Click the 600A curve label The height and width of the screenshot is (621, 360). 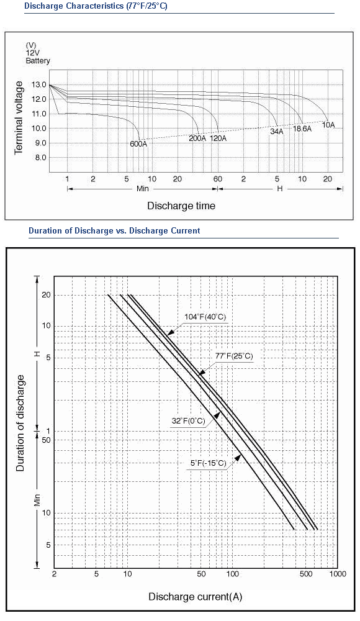(138, 144)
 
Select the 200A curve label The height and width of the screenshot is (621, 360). (197, 138)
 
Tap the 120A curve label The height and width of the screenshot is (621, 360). (218, 138)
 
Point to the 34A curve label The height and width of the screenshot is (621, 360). (277, 132)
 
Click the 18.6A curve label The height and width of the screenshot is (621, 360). (302, 129)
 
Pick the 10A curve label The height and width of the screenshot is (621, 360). (328, 125)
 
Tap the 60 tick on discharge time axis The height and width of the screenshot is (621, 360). (218, 179)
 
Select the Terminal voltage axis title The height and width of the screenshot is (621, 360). (19, 117)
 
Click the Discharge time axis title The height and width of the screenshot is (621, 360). (181, 206)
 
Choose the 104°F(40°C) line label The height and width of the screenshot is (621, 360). (205, 317)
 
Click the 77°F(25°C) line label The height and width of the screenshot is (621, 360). (233, 356)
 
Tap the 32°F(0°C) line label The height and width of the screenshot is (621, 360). (189, 421)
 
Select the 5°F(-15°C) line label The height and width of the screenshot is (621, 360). (209, 463)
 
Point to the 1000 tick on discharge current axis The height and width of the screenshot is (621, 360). (338, 574)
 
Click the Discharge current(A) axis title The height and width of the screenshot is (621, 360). (196, 597)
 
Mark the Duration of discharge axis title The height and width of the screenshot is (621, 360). (20, 424)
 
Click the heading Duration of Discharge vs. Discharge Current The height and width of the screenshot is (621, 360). (114, 230)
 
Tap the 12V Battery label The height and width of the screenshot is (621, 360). (38, 57)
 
